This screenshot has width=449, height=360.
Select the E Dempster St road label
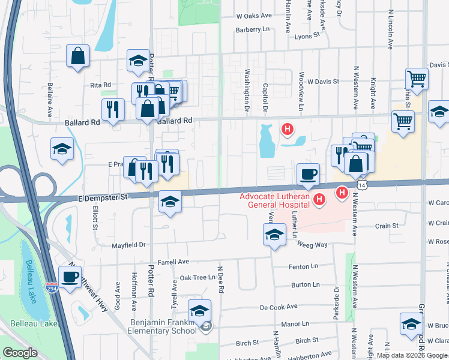103,196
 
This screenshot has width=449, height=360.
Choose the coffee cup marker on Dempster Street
308,174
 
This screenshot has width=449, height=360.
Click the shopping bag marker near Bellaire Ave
79,57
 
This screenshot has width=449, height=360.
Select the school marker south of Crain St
274,234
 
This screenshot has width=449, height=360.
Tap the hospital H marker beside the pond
288,129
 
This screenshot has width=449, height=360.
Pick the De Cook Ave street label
279,307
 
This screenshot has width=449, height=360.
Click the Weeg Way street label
313,245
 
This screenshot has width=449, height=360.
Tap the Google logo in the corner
20,353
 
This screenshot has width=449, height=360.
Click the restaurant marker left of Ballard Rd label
112,109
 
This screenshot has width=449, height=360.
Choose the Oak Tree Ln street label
197,278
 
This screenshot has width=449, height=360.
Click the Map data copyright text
411,355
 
